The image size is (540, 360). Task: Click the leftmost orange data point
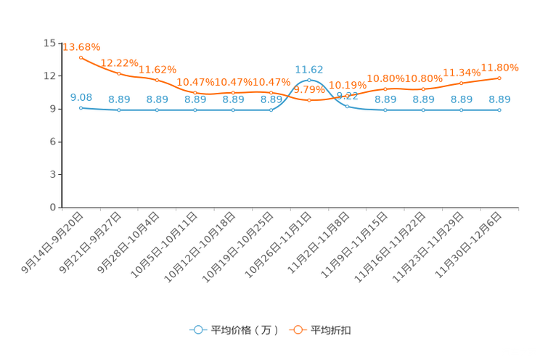(81, 57)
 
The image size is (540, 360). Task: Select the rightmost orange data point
(499, 77)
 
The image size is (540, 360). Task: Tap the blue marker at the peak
(309, 80)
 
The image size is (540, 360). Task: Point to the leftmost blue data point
(81, 107)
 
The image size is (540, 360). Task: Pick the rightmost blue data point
(499, 110)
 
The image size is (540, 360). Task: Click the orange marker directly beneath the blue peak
(309, 101)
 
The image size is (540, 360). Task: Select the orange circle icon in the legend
(298, 330)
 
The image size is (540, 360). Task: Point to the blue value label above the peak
(309, 69)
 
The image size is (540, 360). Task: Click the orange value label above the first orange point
(81, 46)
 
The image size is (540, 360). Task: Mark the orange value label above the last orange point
(500, 67)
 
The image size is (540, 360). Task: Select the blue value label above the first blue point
(81, 97)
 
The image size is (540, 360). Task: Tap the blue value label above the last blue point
(499, 100)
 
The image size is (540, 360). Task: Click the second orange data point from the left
(118, 73)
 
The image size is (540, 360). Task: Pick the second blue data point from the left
(118, 110)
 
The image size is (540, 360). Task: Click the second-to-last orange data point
(462, 82)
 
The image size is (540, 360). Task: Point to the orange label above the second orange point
(118, 62)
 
